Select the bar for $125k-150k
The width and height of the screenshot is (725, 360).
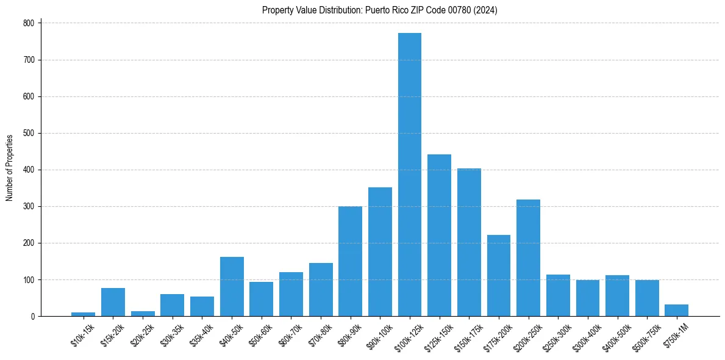439,236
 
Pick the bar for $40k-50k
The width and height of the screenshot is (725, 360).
232,287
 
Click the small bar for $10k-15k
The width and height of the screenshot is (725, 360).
83,314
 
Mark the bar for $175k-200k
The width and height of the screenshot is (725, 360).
498,276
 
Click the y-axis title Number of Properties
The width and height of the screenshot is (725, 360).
10,168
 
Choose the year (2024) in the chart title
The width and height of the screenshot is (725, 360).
485,10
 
